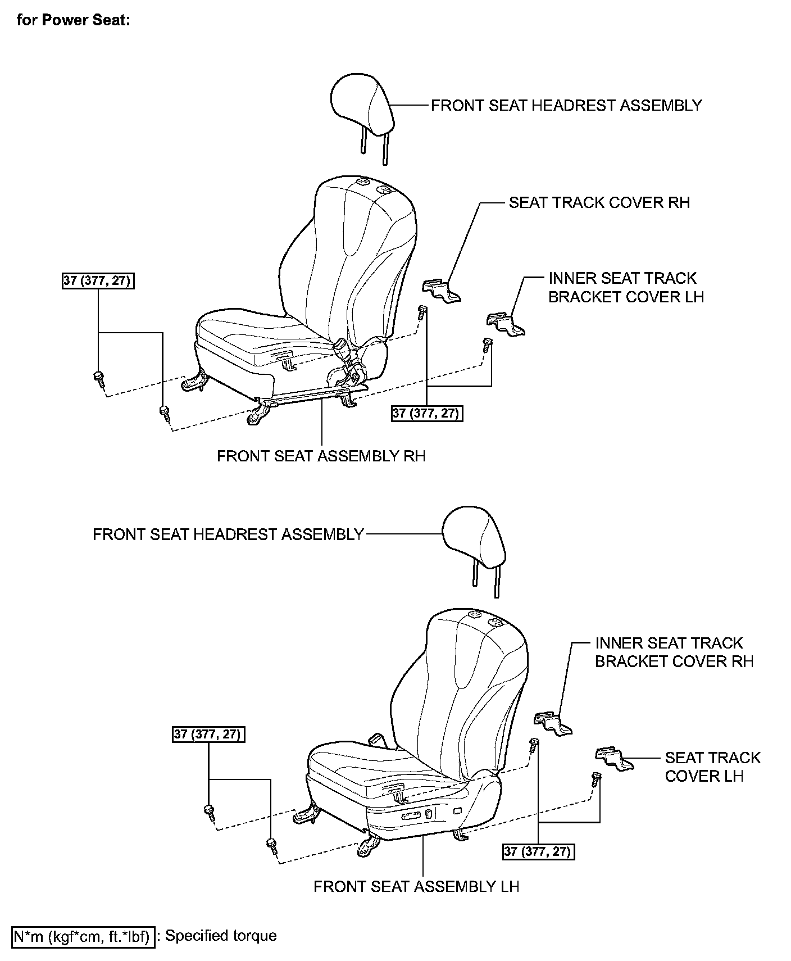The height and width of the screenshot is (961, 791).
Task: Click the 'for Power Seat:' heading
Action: click(x=74, y=21)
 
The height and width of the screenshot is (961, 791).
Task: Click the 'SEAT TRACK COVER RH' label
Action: click(x=599, y=202)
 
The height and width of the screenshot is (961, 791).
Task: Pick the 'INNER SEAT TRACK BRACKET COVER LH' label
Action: click(x=625, y=287)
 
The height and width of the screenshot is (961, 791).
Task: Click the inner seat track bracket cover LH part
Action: click(x=504, y=325)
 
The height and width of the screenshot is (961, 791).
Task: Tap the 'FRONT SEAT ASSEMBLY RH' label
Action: click(x=321, y=456)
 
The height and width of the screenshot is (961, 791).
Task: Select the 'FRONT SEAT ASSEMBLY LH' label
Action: click(x=416, y=886)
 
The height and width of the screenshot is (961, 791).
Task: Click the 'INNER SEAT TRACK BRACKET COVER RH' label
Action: click(x=674, y=652)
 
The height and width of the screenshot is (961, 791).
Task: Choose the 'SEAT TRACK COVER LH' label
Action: click(x=712, y=767)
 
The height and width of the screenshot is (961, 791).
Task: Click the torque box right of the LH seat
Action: click(x=538, y=851)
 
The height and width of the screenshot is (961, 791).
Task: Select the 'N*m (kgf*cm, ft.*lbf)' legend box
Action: click(x=83, y=936)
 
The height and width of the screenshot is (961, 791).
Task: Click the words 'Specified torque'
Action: click(x=221, y=936)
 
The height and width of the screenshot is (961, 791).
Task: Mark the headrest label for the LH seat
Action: click(x=228, y=534)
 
